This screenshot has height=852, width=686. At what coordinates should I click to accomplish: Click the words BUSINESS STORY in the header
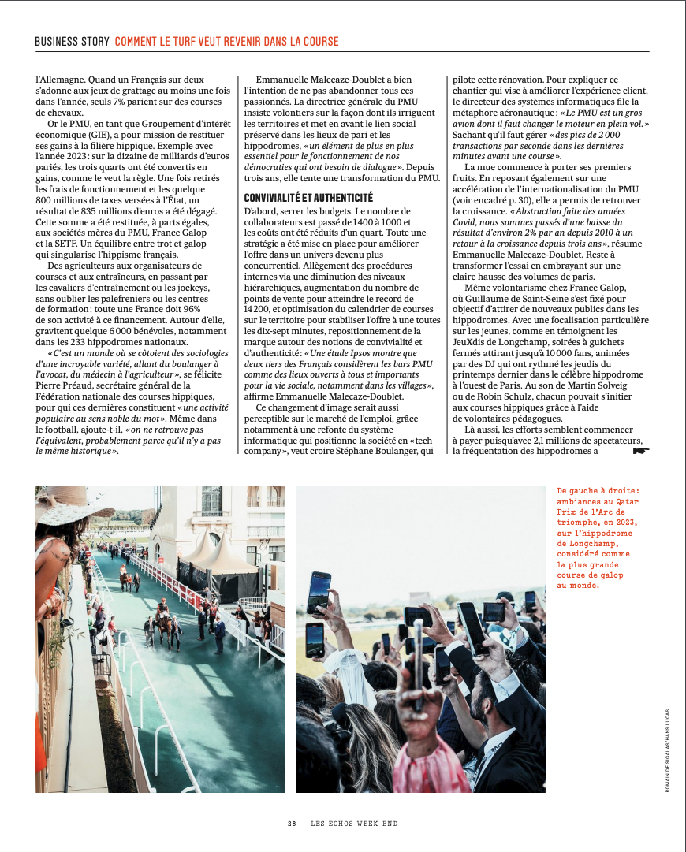(72, 42)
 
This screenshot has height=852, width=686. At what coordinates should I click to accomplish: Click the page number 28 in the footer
(291, 824)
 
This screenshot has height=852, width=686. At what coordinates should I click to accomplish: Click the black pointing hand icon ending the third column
(641, 452)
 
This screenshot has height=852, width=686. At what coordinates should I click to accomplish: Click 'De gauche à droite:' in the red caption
(598, 489)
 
